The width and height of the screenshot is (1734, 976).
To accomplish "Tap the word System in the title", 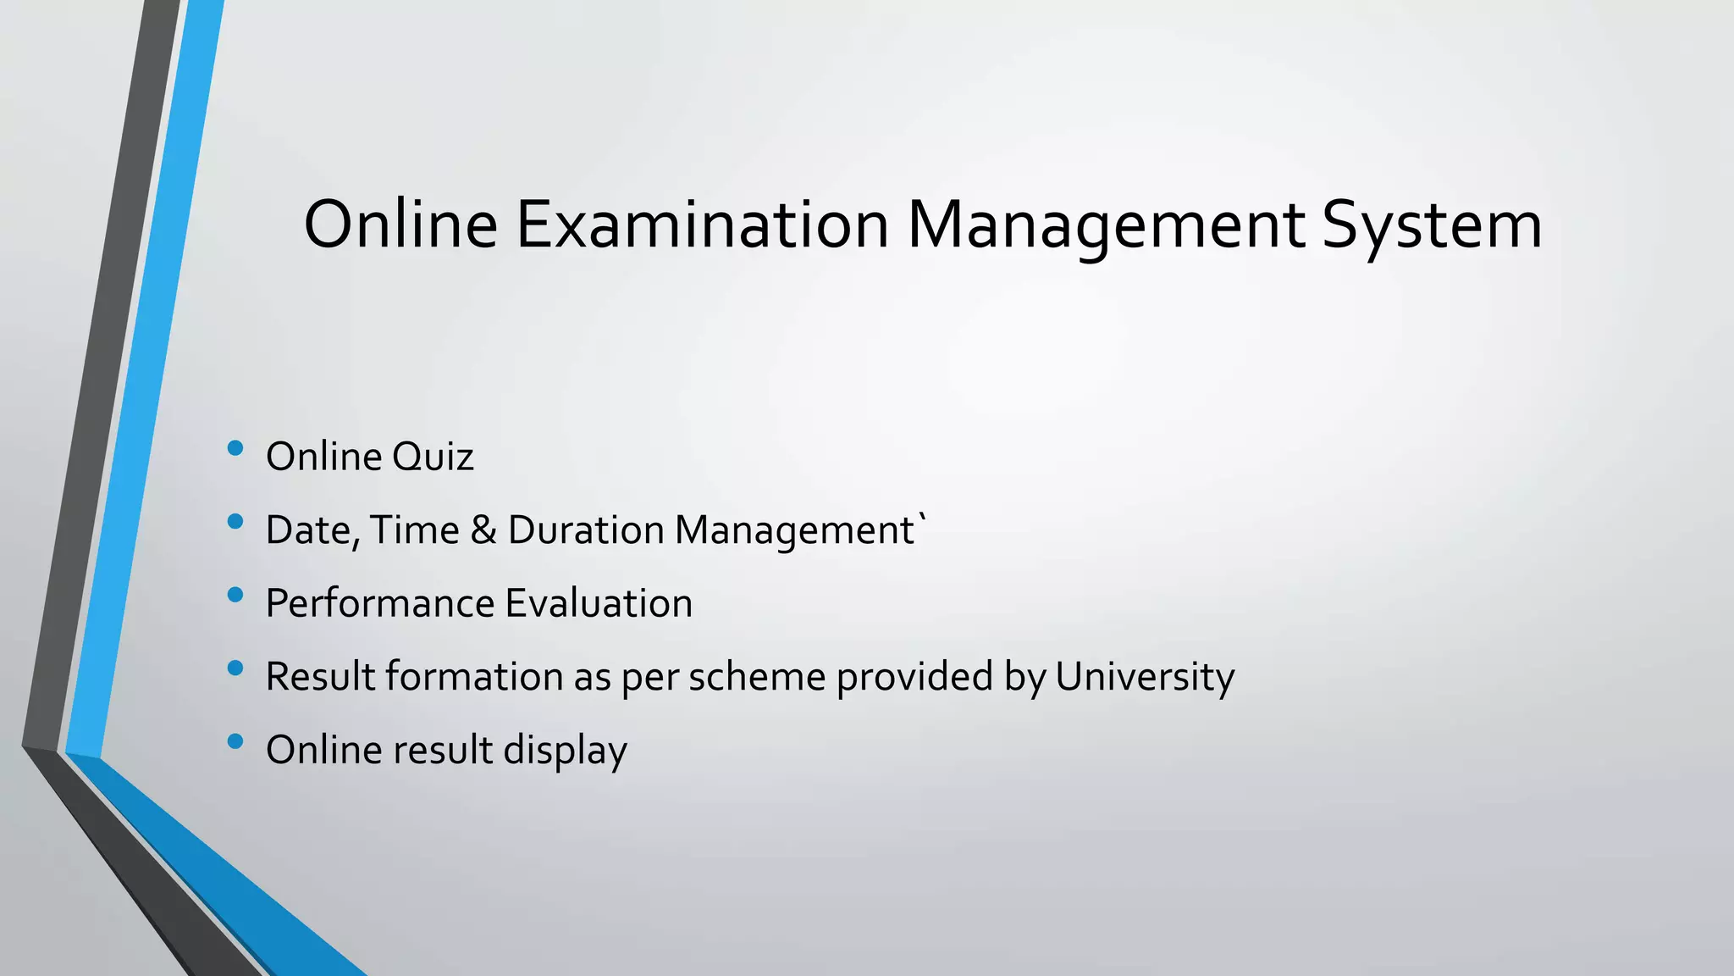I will pos(1432,226).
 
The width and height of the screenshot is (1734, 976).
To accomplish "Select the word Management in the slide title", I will pos(1105,226).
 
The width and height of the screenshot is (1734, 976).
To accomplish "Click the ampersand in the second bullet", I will pos(483,530).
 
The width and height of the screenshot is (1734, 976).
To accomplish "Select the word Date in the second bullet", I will pos(310,530).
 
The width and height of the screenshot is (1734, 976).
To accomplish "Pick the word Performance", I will pos(378,604).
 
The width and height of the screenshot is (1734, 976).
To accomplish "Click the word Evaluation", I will pos(599,604).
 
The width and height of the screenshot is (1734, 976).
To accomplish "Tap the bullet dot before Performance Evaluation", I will pos(235,595).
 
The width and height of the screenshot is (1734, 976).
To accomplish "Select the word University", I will pos(1145,677).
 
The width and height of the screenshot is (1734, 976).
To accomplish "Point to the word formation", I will pos(474,677).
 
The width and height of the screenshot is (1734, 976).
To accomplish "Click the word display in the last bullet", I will pos(565,751).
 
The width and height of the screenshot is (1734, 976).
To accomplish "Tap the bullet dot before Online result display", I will pos(235,742).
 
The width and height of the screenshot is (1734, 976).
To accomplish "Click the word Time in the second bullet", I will pos(414,530).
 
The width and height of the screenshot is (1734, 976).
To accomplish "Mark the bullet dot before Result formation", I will pos(235,668).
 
